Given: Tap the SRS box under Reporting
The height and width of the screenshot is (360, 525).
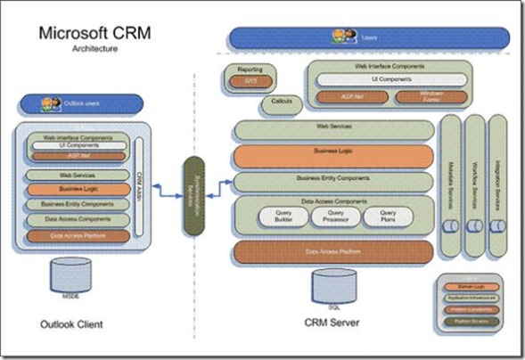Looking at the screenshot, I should click(250, 82).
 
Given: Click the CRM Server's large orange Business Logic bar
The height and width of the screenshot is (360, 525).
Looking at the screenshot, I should click(333, 156).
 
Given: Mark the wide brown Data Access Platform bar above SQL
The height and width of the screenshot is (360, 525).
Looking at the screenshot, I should click(333, 252).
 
